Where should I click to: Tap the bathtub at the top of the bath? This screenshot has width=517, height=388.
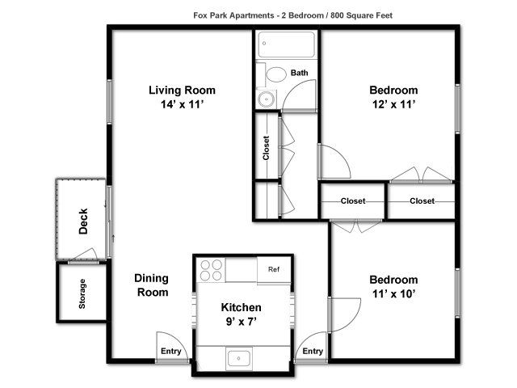tap(286, 44)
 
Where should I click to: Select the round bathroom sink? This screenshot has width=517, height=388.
tap(265, 99)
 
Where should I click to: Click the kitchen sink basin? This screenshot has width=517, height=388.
tap(239, 358)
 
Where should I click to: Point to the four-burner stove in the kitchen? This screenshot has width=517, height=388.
tap(211, 270)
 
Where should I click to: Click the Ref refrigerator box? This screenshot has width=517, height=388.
tap(274, 270)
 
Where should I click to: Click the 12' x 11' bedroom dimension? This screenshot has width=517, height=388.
tap(393, 104)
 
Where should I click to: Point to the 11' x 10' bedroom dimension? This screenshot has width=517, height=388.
tap(393, 293)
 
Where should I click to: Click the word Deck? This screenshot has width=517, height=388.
tap(83, 221)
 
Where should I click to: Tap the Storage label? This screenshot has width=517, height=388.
tap(82, 293)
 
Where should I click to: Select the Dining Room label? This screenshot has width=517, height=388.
tap(152, 285)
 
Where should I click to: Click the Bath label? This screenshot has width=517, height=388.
tap(300, 73)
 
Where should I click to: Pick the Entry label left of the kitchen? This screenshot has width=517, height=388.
tap(170, 351)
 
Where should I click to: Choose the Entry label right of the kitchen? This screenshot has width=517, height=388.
tap(313, 351)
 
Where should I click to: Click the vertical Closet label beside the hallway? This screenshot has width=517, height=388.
tap(266, 148)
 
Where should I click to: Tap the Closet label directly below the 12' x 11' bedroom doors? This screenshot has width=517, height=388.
tap(422, 200)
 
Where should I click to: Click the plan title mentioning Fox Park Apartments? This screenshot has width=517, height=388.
tap(292, 15)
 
